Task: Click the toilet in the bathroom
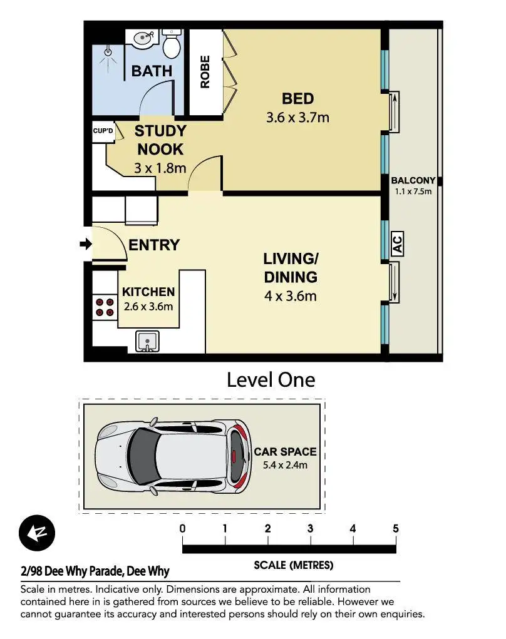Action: pos(171,43)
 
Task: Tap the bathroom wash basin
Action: pos(143,39)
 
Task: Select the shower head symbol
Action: pos(108,52)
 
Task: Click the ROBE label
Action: pos(205,72)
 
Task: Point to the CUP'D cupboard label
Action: pos(103,131)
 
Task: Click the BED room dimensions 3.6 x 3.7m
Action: pos(297,118)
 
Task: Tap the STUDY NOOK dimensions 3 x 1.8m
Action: pos(160,168)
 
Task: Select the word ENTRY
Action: pos(154,245)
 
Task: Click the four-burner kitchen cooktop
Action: pos(105,307)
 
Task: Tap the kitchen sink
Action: pos(147,341)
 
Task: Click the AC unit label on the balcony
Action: pos(397,244)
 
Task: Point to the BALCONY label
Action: pos(413,180)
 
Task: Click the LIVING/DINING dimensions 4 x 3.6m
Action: pos(291,296)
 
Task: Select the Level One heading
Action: pos(271,380)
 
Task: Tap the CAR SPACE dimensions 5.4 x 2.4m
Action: pos(285,465)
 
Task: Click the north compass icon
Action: pos(37,533)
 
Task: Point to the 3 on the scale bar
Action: pos(310,529)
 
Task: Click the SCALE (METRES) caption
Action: pos(294,565)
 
